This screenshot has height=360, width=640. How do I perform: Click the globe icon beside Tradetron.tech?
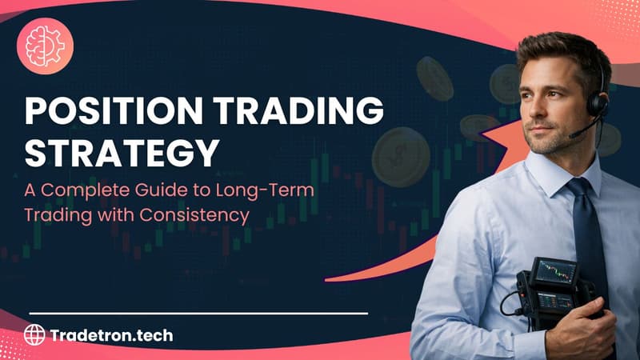pos(34,334)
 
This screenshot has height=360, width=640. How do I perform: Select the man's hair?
pos(560,48)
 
